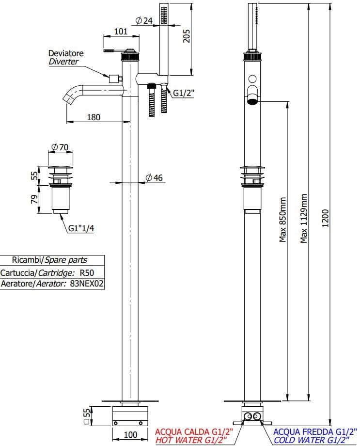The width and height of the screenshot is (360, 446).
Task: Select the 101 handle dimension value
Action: pos(121,32)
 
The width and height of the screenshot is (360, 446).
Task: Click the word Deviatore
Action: pos(65,53)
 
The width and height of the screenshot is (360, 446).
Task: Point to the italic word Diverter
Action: pos(63,62)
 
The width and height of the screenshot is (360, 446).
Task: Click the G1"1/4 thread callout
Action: pos(81,228)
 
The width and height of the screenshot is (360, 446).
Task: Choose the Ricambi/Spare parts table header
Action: pos(51,260)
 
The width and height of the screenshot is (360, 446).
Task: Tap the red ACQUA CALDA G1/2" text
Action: pos(194,431)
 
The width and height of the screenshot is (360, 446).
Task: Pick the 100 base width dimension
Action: pos(130,435)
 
